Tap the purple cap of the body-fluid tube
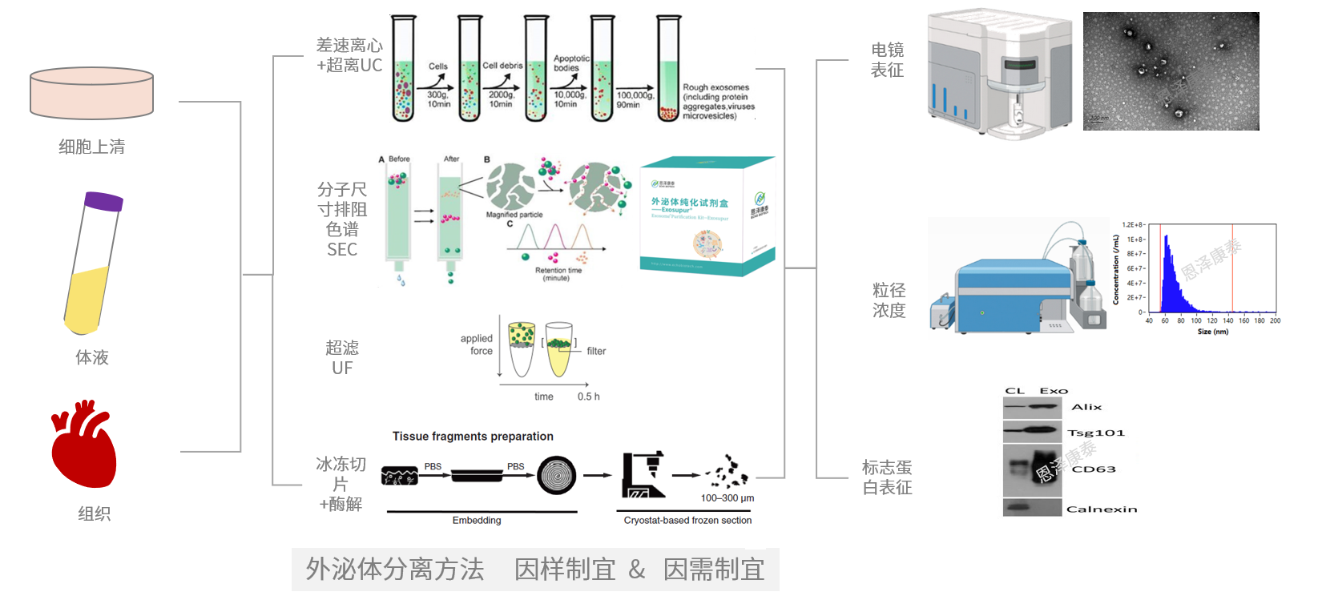tap(104, 201)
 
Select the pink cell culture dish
tap(91, 93)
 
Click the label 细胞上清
tap(91, 147)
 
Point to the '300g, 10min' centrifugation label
tap(438, 99)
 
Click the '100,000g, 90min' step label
tap(635, 99)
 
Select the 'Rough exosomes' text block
tap(718, 102)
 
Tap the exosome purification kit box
tap(707, 216)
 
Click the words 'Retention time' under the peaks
tap(558, 271)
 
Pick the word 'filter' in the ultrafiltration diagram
tap(596, 351)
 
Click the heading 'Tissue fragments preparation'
tap(473, 437)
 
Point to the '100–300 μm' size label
tap(728, 498)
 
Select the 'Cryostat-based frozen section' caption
tap(687, 521)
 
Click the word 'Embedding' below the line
tap(477, 521)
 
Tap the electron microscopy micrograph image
tap(1171, 71)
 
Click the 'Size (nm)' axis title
tap(1212, 332)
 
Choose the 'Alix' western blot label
tap(1086, 407)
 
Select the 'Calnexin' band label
tap(1102, 509)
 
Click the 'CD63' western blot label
tap(1094, 469)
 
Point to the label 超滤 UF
tap(342, 358)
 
